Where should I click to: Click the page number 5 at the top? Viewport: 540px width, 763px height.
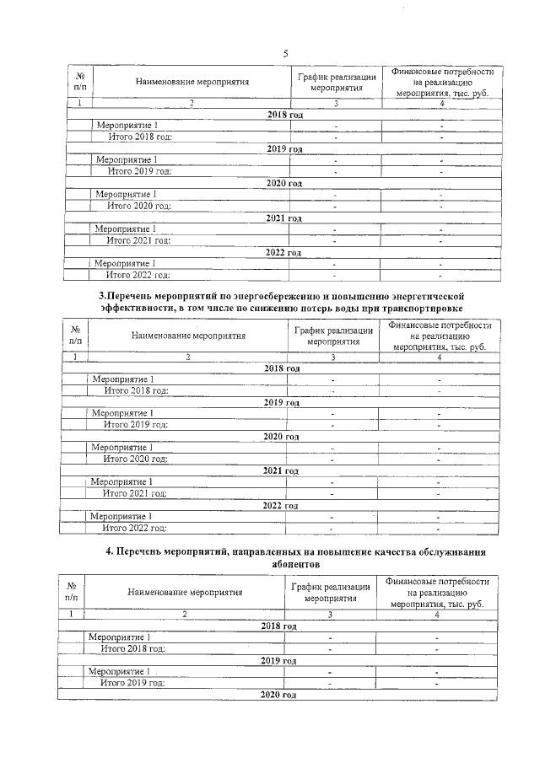(285, 53)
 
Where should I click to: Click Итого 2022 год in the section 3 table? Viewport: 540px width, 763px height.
(134, 528)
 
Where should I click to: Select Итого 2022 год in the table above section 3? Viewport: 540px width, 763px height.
(138, 274)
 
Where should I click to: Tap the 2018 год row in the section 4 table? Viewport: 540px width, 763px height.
(279, 626)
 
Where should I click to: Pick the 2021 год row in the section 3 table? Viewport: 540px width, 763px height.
(282, 470)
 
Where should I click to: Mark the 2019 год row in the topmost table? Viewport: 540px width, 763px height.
(284, 148)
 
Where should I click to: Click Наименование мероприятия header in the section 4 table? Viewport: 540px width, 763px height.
(185, 592)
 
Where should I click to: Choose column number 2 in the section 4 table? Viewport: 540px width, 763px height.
(185, 615)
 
